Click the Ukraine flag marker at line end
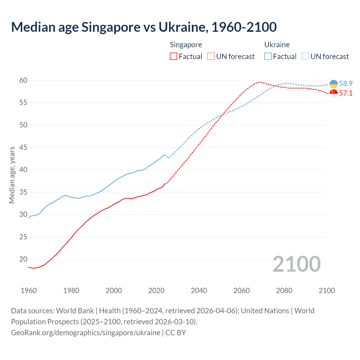tap(334, 84)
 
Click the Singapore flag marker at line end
tap(334, 93)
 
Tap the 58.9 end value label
tap(346, 84)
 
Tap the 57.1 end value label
tap(346, 93)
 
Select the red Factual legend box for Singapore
tap(174, 57)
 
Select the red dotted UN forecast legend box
tap(211, 57)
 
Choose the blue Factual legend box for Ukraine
tap(268, 57)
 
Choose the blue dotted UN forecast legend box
tap(305, 57)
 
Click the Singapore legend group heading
tap(186, 45)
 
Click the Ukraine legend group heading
tap(277, 45)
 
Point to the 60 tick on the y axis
tap(23, 80)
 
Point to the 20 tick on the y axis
tap(23, 259)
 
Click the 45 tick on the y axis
tap(23, 147)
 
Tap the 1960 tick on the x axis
tap(29, 291)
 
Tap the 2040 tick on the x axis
tap(199, 291)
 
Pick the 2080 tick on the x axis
tap(284, 291)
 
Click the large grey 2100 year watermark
tap(296, 264)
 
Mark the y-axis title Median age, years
tap(12, 175)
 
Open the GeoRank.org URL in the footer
tap(85, 333)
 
